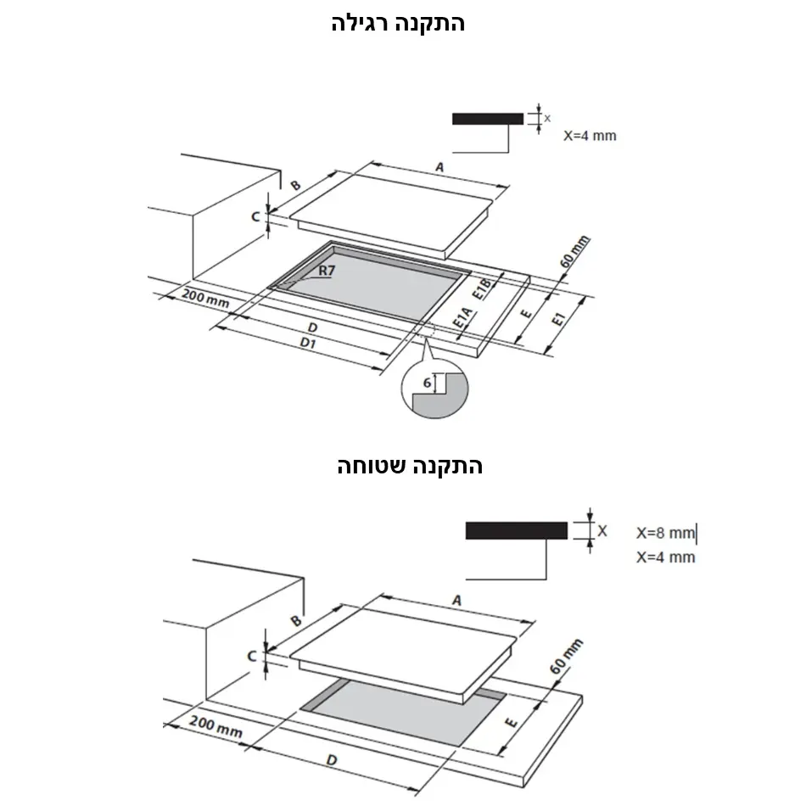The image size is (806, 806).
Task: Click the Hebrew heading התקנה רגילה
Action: (x=398, y=24)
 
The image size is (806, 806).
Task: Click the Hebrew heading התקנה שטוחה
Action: (x=410, y=466)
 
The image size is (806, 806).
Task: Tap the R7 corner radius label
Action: (x=327, y=271)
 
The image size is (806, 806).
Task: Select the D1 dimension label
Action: (x=308, y=343)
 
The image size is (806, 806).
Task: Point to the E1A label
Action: (x=462, y=317)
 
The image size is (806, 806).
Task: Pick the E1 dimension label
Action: (x=558, y=319)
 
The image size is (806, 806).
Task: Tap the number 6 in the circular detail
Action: (x=427, y=383)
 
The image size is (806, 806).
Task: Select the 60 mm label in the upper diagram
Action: (x=574, y=252)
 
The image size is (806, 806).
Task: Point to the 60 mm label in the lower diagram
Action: (x=566, y=657)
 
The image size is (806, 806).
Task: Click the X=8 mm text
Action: (x=666, y=533)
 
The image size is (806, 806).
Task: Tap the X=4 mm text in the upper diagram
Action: (x=590, y=136)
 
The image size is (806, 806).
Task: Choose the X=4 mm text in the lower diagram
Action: (x=666, y=557)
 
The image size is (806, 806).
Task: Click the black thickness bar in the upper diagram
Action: (x=488, y=119)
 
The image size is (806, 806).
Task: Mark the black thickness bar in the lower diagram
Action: (x=517, y=530)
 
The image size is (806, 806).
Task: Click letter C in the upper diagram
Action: (x=255, y=217)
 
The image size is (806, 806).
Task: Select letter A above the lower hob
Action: (x=456, y=601)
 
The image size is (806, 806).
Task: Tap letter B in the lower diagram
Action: (x=296, y=621)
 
